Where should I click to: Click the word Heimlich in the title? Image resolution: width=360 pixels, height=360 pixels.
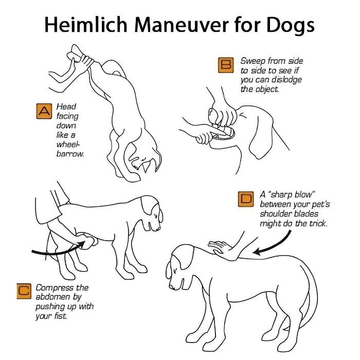pyautogui.click(x=86, y=24)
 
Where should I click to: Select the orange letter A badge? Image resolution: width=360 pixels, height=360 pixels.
pyautogui.click(x=44, y=111)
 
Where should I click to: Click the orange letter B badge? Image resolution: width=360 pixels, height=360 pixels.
pyautogui.click(x=226, y=65)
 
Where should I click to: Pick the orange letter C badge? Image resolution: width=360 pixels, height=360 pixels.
pyautogui.click(x=24, y=291)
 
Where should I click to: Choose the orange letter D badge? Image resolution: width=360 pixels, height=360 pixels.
pyautogui.click(x=246, y=199)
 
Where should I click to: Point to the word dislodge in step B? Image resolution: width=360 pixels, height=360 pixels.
pyautogui.click(x=286, y=80)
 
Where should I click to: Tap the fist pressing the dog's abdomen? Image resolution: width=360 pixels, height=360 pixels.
pyautogui.click(x=88, y=241)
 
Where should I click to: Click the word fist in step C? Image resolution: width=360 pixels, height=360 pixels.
pyautogui.click(x=61, y=316)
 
